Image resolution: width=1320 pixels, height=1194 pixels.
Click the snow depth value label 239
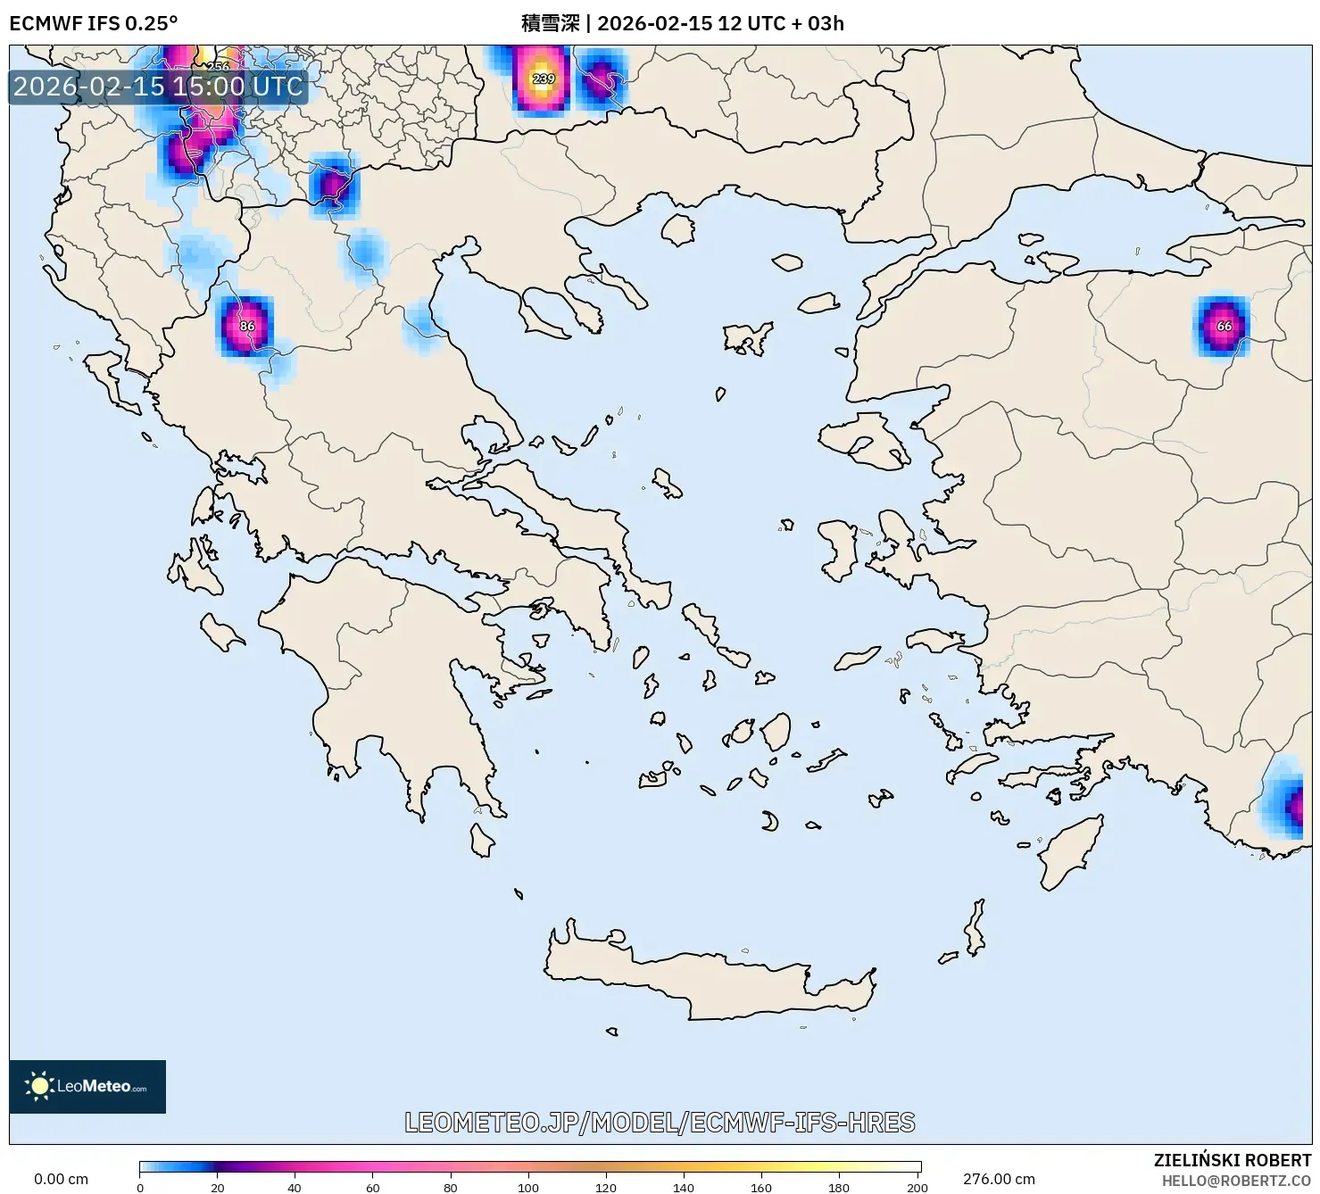544,79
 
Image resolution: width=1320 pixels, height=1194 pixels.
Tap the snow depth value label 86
247,326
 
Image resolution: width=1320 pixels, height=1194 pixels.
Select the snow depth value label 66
1225,326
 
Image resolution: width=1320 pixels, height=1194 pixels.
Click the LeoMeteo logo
87,1086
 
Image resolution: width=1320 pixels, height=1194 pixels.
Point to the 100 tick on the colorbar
528,1187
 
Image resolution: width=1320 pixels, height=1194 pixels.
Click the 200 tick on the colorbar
917,1187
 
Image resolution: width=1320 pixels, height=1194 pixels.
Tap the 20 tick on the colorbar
218,1187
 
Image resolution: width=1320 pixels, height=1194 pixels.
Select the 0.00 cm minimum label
61,1179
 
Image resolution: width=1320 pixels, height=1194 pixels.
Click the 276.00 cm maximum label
999,1179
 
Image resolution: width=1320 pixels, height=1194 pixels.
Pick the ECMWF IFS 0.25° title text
93,23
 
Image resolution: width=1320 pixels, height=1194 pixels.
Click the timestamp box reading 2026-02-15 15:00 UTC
158,87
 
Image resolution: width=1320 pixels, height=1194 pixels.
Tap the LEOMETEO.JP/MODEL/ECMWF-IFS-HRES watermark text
660,1122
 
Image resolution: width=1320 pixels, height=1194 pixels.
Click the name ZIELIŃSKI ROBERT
1232,1160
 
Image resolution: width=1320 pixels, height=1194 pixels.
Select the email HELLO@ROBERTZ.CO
1236,1181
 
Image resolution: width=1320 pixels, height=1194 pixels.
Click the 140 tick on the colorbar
684,1187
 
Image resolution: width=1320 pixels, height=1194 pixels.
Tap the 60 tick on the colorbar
373,1187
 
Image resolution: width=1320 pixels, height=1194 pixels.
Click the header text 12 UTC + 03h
780,23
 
